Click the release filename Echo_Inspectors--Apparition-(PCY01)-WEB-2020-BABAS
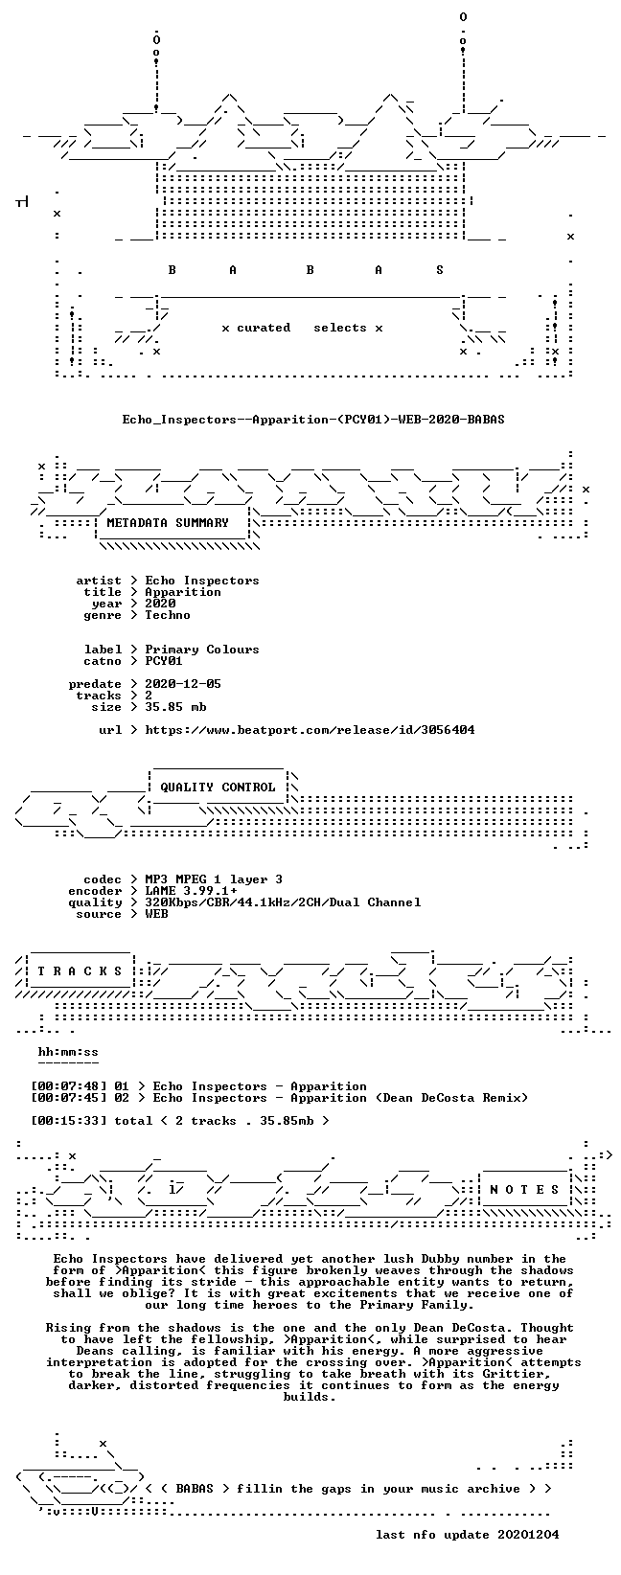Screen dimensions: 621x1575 click(x=313, y=420)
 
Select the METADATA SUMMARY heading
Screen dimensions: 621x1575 click(x=168, y=523)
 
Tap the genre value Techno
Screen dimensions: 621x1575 click(x=168, y=615)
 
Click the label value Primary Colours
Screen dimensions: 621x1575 click(x=202, y=650)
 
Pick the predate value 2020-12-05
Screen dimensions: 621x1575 click(x=183, y=684)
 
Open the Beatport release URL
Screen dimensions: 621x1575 click(x=310, y=730)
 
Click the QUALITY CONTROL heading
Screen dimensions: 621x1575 click(x=218, y=787)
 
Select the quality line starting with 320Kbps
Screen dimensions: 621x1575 click(x=283, y=902)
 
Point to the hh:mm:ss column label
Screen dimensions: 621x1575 click(x=68, y=1052)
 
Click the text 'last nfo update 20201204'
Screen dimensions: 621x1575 click(x=467, y=1534)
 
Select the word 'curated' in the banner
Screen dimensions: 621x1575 click(x=263, y=328)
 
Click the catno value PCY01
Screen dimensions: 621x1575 click(x=164, y=661)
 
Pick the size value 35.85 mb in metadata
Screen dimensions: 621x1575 click(x=175, y=707)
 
